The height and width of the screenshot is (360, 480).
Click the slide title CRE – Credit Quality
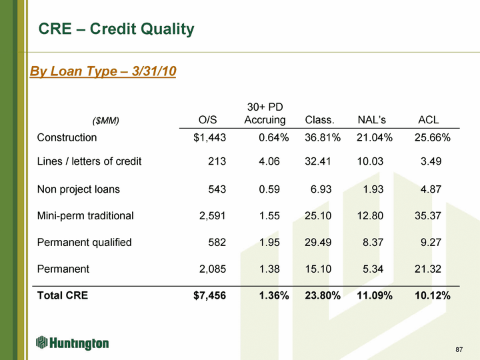click(x=116, y=29)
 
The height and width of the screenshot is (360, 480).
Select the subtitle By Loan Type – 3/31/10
click(x=103, y=71)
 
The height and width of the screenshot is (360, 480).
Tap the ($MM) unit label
click(x=106, y=121)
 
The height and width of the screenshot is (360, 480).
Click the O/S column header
click(x=208, y=120)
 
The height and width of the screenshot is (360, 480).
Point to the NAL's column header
click(x=372, y=120)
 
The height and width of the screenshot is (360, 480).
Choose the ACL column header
click(x=428, y=120)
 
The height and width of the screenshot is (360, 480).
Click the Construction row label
click(x=67, y=138)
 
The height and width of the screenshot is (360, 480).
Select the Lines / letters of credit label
click(x=89, y=161)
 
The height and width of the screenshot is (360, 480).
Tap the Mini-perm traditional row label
click(x=85, y=216)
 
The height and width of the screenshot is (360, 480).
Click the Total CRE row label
click(x=63, y=295)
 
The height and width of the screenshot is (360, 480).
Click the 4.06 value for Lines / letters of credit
click(x=271, y=161)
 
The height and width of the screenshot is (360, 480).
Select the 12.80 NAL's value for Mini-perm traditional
click(x=372, y=216)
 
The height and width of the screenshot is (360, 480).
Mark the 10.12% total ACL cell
click(x=433, y=295)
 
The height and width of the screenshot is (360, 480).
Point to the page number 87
click(x=459, y=350)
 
